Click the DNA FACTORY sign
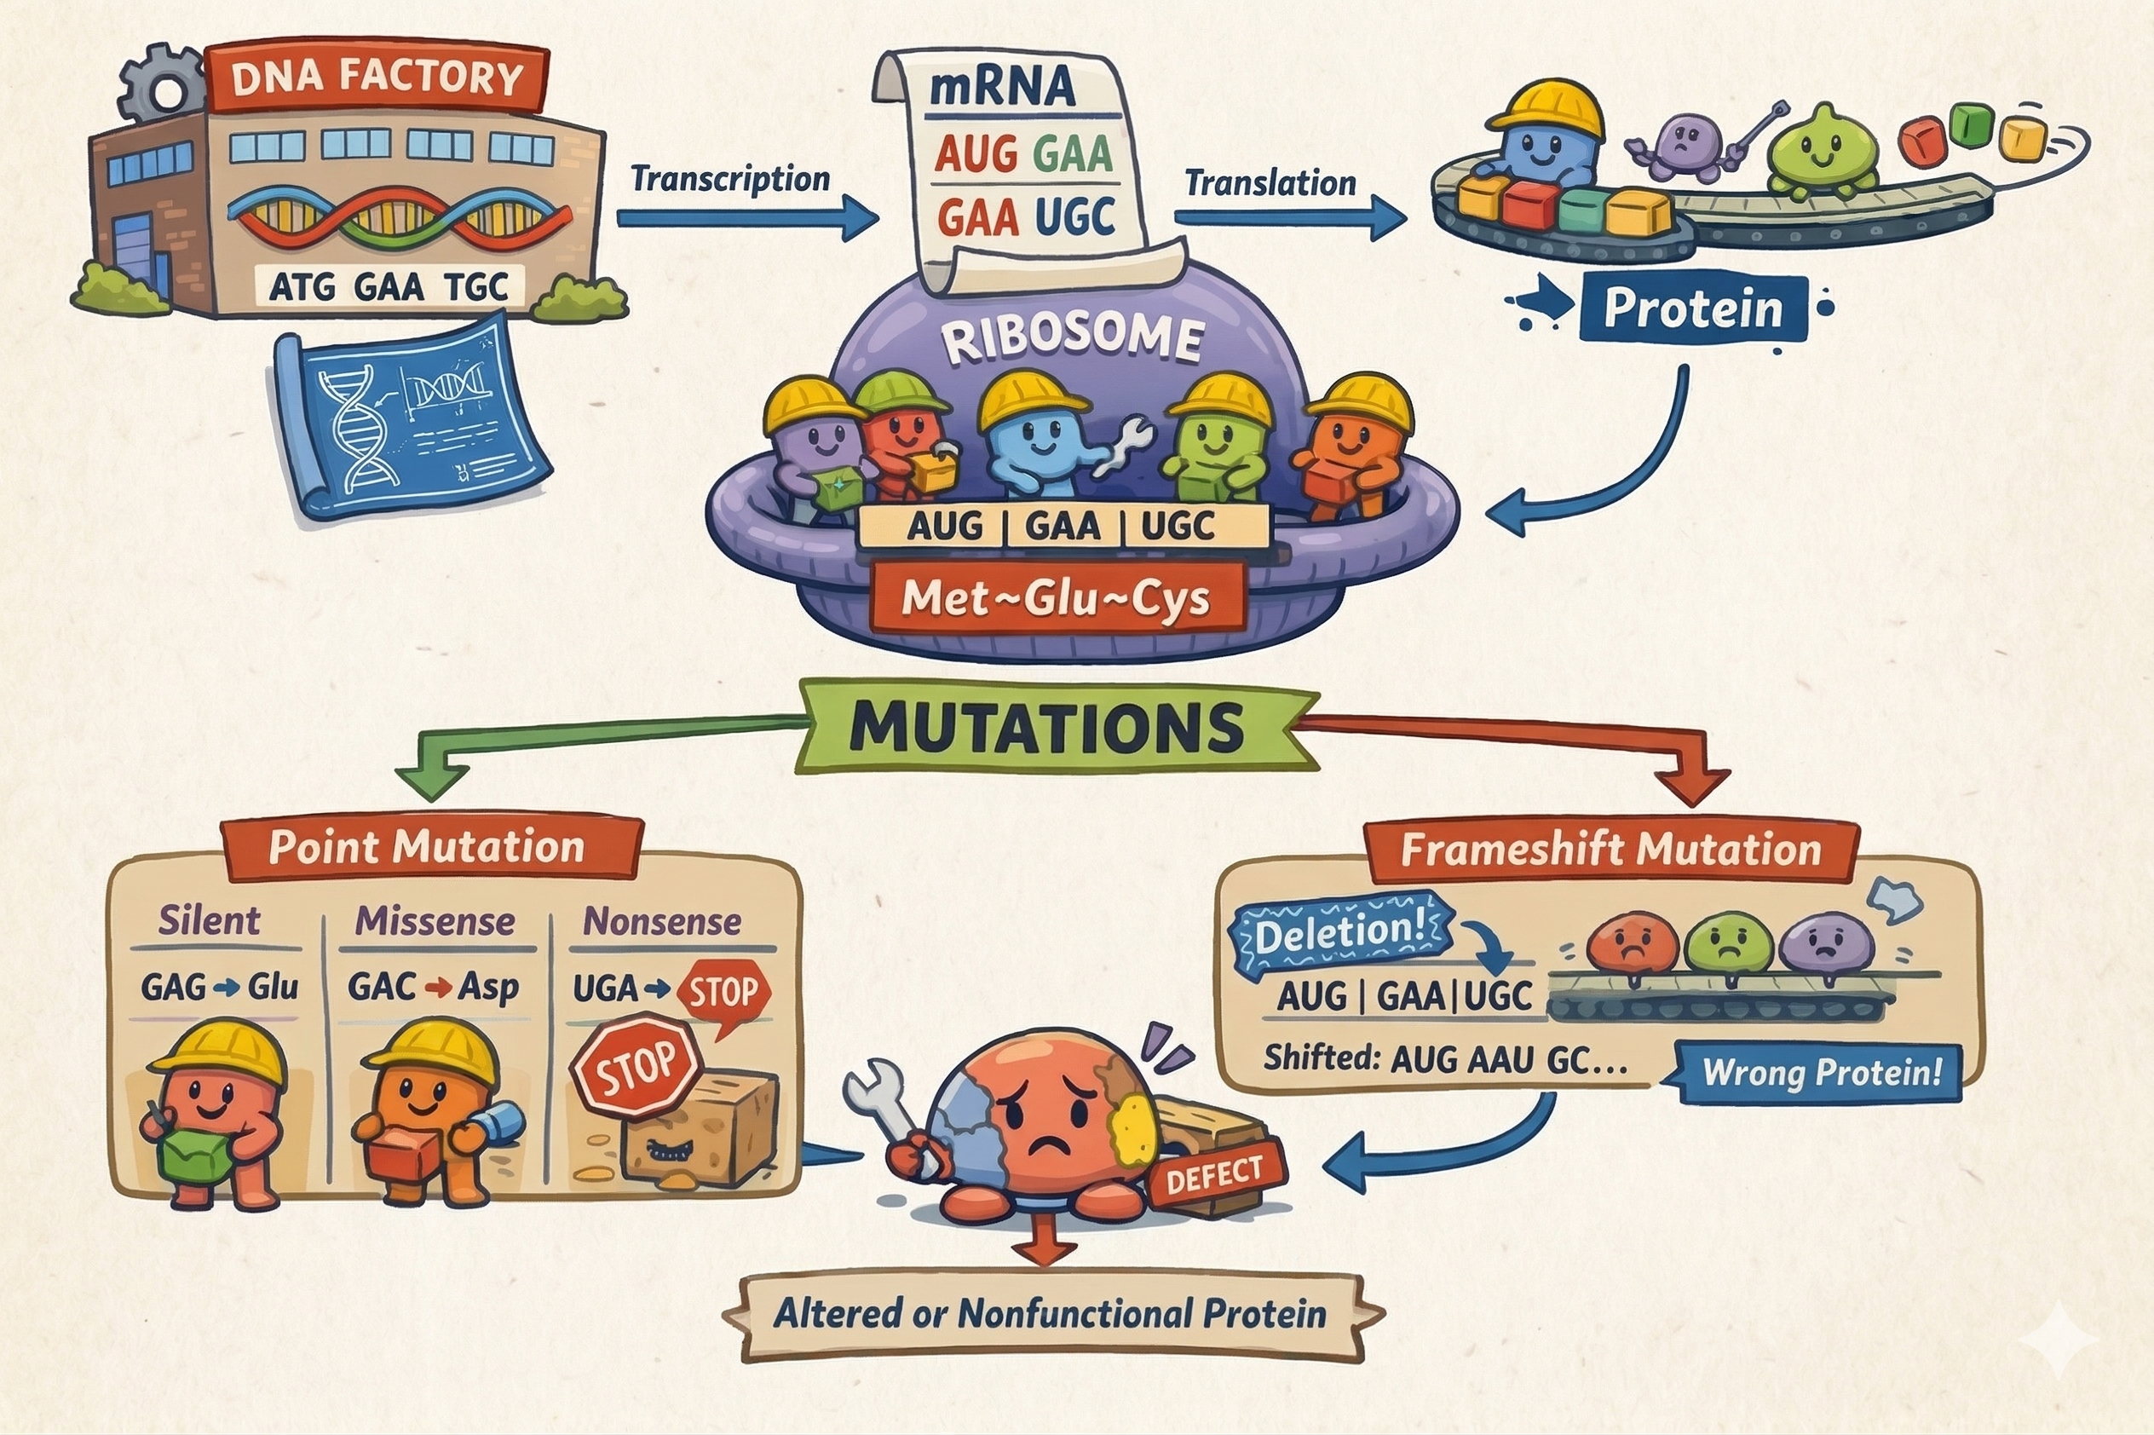pos(377,78)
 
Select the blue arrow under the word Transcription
pos(746,218)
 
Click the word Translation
pos(1270,183)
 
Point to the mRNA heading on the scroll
pos(1002,87)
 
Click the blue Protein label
pos(1693,309)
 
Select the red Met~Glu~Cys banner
pos(1057,598)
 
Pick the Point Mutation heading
pos(426,846)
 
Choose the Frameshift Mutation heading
pos(1610,850)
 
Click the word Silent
pos(210,920)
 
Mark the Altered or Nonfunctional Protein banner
pos(1051,1314)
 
